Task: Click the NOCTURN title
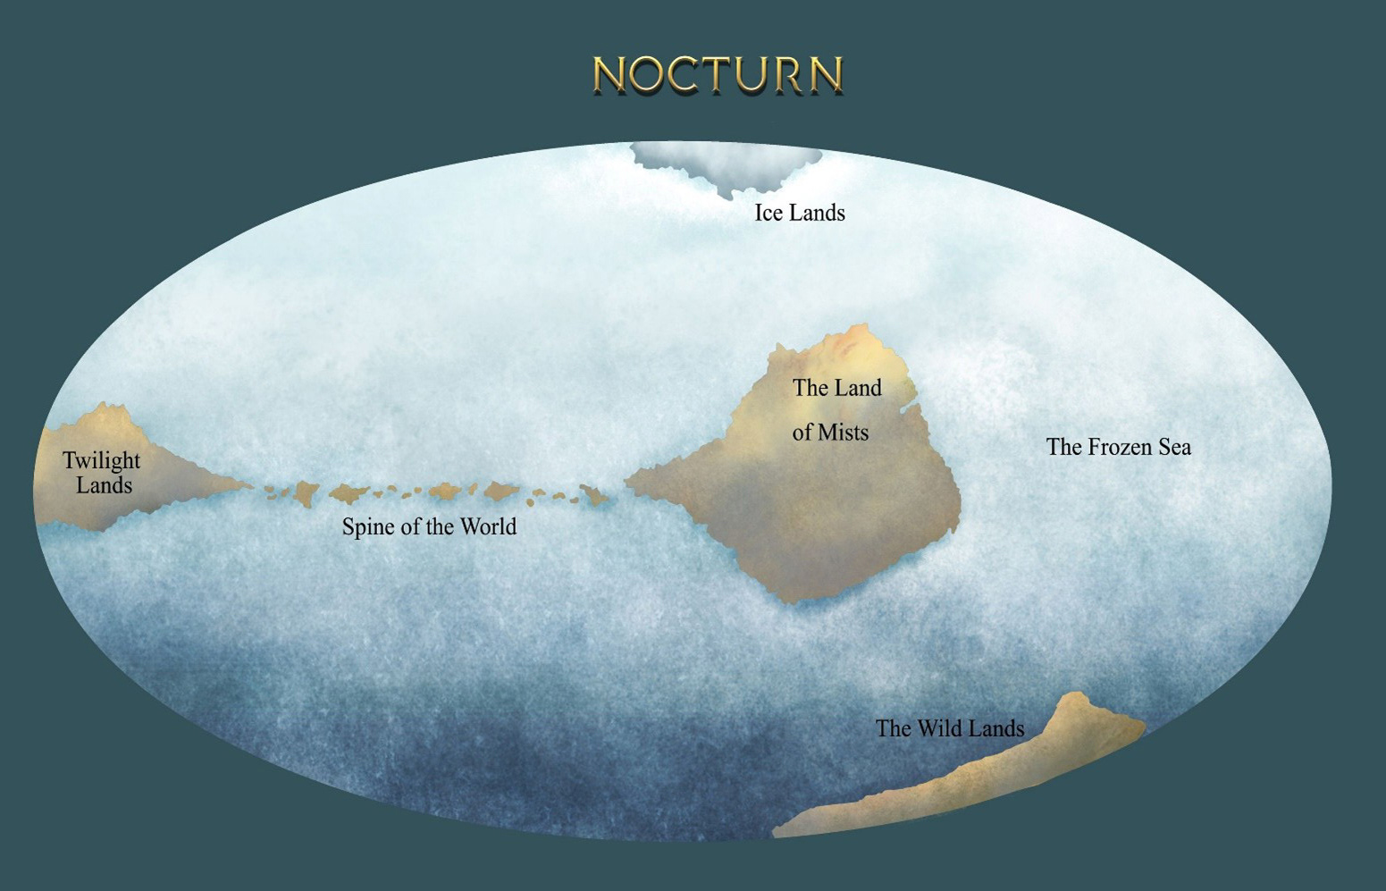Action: click(718, 75)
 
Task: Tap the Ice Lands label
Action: click(800, 213)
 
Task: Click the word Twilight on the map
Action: click(101, 461)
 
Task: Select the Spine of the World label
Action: click(429, 526)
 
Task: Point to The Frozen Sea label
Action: click(1118, 447)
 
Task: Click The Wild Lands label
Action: click(949, 728)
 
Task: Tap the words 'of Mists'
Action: click(830, 433)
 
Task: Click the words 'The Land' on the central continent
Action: click(836, 388)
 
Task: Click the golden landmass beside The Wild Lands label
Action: click(983, 778)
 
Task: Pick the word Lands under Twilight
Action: click(104, 485)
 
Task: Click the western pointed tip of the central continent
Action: click(627, 482)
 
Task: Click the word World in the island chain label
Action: click(488, 526)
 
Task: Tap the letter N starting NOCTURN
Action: click(609, 75)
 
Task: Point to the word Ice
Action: click(768, 213)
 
